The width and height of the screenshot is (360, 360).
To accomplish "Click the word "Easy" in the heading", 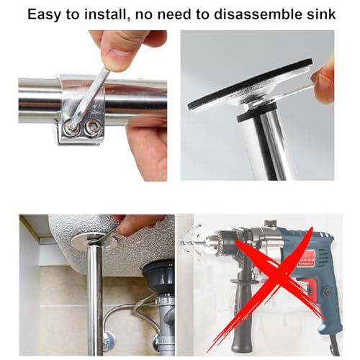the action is [x=45, y=14].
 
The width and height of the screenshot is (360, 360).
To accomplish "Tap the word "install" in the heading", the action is [x=105, y=14].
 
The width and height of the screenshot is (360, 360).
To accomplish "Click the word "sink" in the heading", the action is [x=323, y=14].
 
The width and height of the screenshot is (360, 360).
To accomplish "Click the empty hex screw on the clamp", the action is [x=91, y=125].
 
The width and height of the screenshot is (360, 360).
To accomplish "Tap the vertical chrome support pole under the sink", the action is [x=95, y=300].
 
